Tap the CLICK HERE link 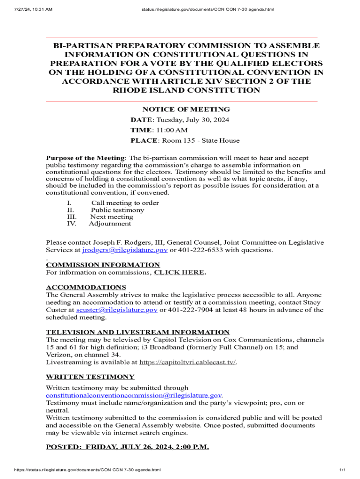[x=179, y=272]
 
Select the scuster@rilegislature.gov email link [x=117, y=310]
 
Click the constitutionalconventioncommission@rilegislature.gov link [x=133, y=395]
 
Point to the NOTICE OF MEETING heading [x=180, y=109]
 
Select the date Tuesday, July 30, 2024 [x=193, y=120]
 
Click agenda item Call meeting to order [x=125, y=203]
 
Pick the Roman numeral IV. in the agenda [x=72, y=224]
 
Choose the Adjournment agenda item [x=110, y=224]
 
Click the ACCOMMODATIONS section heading [x=86, y=287]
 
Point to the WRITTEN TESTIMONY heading [x=90, y=377]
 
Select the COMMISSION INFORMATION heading [x=102, y=265]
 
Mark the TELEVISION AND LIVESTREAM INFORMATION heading [x=137, y=332]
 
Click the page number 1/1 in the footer [x=342, y=470]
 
